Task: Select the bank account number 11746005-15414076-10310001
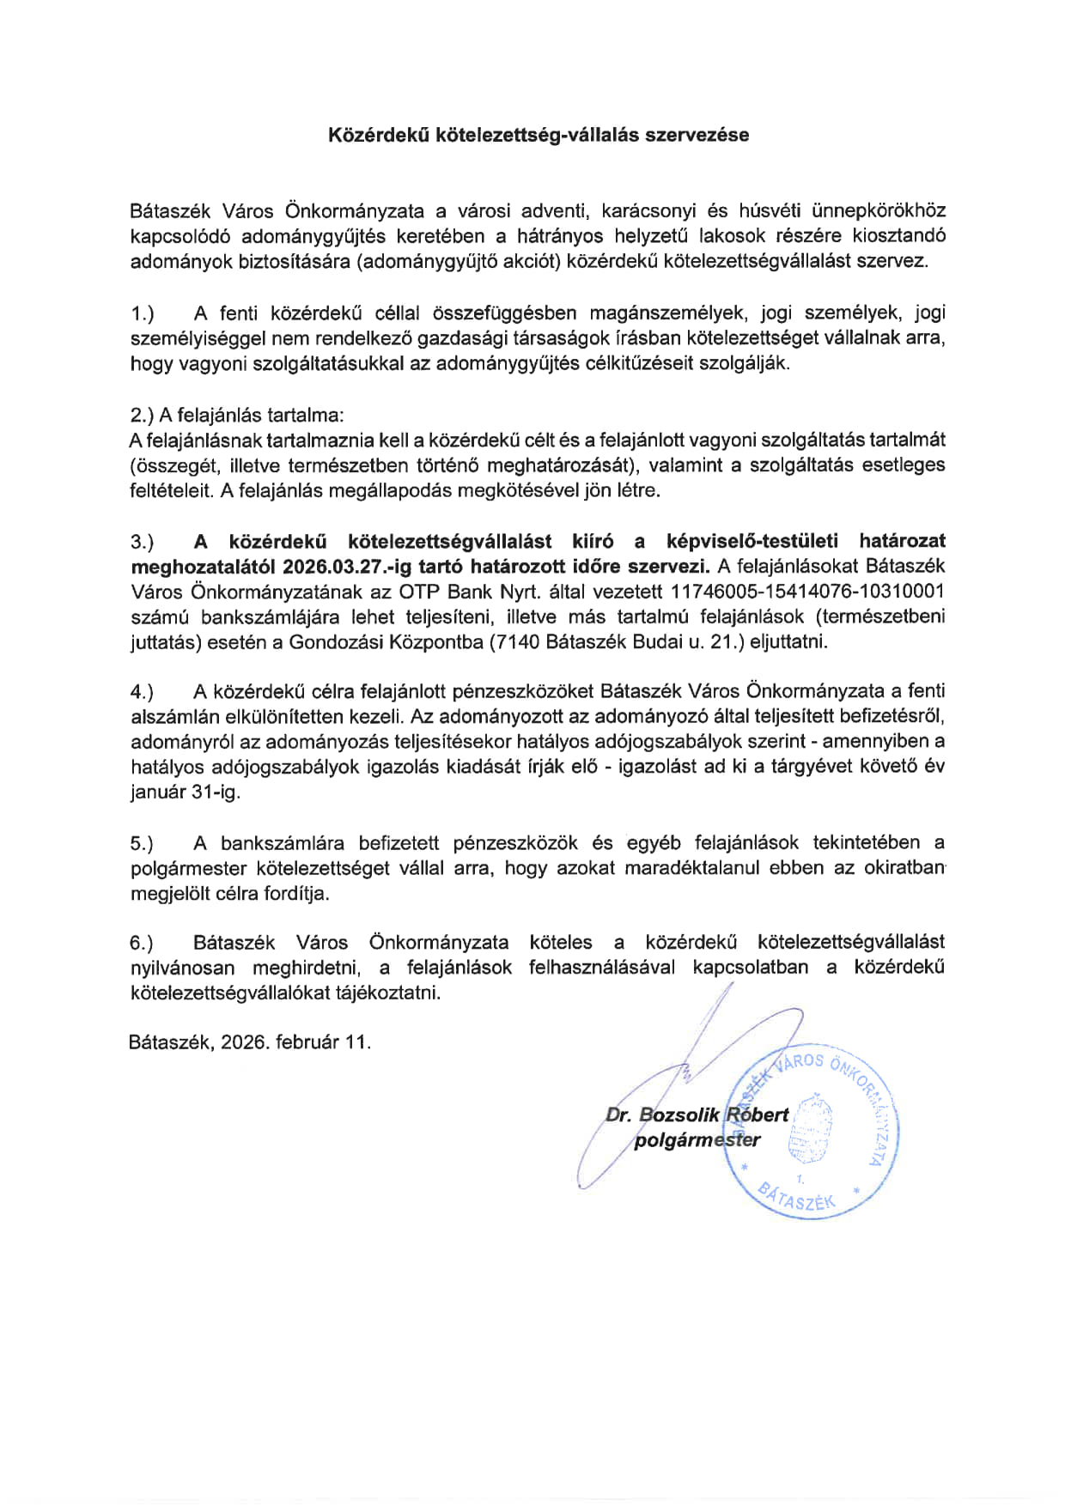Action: tap(807, 591)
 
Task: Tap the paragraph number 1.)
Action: tap(143, 313)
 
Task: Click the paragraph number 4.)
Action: tap(143, 691)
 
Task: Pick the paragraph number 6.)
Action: tap(143, 943)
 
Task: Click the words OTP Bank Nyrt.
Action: tap(495, 591)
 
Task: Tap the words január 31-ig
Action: tap(185, 792)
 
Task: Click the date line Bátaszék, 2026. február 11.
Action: tap(250, 1042)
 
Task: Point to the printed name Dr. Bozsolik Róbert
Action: tap(697, 1114)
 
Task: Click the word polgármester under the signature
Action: tap(697, 1140)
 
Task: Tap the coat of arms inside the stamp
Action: tap(811, 1126)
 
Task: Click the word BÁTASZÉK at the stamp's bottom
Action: tap(798, 1197)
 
